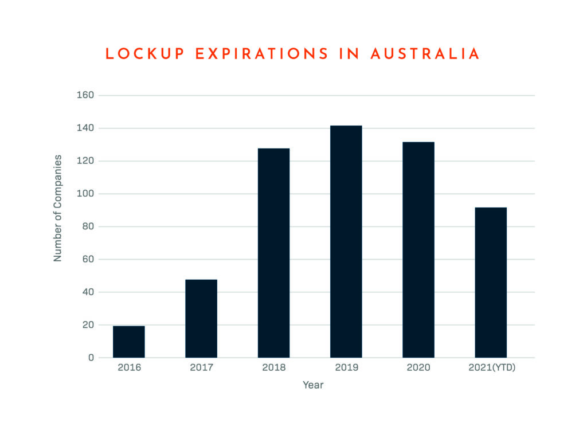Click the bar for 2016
(x=129, y=342)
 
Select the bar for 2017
(x=201, y=319)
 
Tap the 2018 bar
(x=273, y=253)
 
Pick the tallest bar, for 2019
(x=346, y=241)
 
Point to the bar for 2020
(x=418, y=250)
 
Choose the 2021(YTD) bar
(x=491, y=283)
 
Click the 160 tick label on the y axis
(x=85, y=95)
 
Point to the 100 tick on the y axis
(x=85, y=194)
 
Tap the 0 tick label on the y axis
(x=91, y=358)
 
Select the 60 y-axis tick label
(x=87, y=259)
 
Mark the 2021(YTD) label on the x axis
(x=492, y=367)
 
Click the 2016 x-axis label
(x=129, y=367)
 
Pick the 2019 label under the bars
(x=346, y=367)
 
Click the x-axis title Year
(x=313, y=385)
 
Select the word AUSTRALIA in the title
(x=425, y=54)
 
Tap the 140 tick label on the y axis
(x=85, y=128)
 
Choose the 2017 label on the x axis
(x=201, y=367)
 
